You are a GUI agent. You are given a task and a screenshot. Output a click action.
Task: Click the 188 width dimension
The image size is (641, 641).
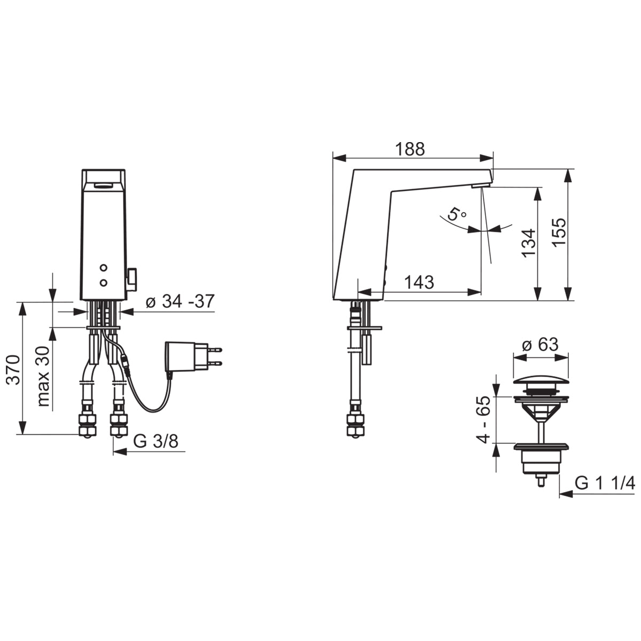(410, 150)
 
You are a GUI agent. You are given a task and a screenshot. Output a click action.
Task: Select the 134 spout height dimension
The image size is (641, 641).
(529, 243)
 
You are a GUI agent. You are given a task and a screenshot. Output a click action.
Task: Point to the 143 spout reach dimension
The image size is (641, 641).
(419, 283)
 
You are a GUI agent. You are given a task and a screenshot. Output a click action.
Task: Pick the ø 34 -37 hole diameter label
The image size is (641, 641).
(180, 302)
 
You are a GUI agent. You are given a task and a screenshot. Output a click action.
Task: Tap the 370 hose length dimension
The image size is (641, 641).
(14, 370)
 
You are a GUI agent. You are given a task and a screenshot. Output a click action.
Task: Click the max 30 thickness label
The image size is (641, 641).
(43, 376)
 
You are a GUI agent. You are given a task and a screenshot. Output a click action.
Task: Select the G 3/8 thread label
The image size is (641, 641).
(155, 441)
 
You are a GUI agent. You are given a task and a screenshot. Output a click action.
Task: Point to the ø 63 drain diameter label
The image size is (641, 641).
(540, 345)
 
